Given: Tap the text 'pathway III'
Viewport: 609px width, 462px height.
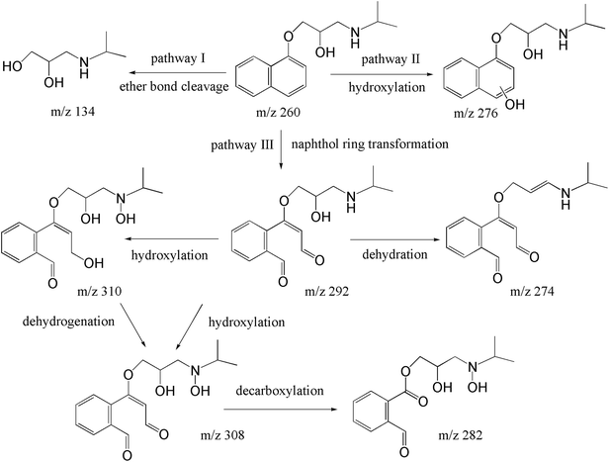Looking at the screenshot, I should (x=238, y=144).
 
